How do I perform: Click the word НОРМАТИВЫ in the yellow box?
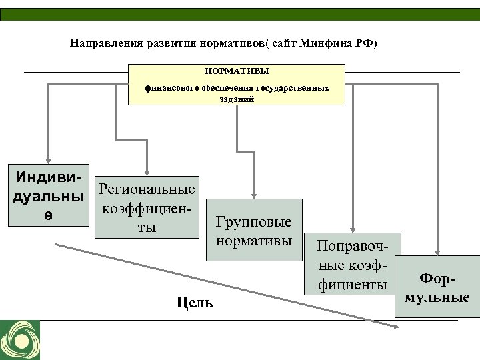point(237,70)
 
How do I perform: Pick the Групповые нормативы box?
point(254,229)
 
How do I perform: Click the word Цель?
point(195,303)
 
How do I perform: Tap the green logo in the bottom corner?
point(20,340)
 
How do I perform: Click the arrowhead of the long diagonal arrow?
point(395,326)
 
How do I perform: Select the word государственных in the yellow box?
point(297,87)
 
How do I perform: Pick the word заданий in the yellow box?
point(236,97)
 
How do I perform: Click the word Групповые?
point(254,221)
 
